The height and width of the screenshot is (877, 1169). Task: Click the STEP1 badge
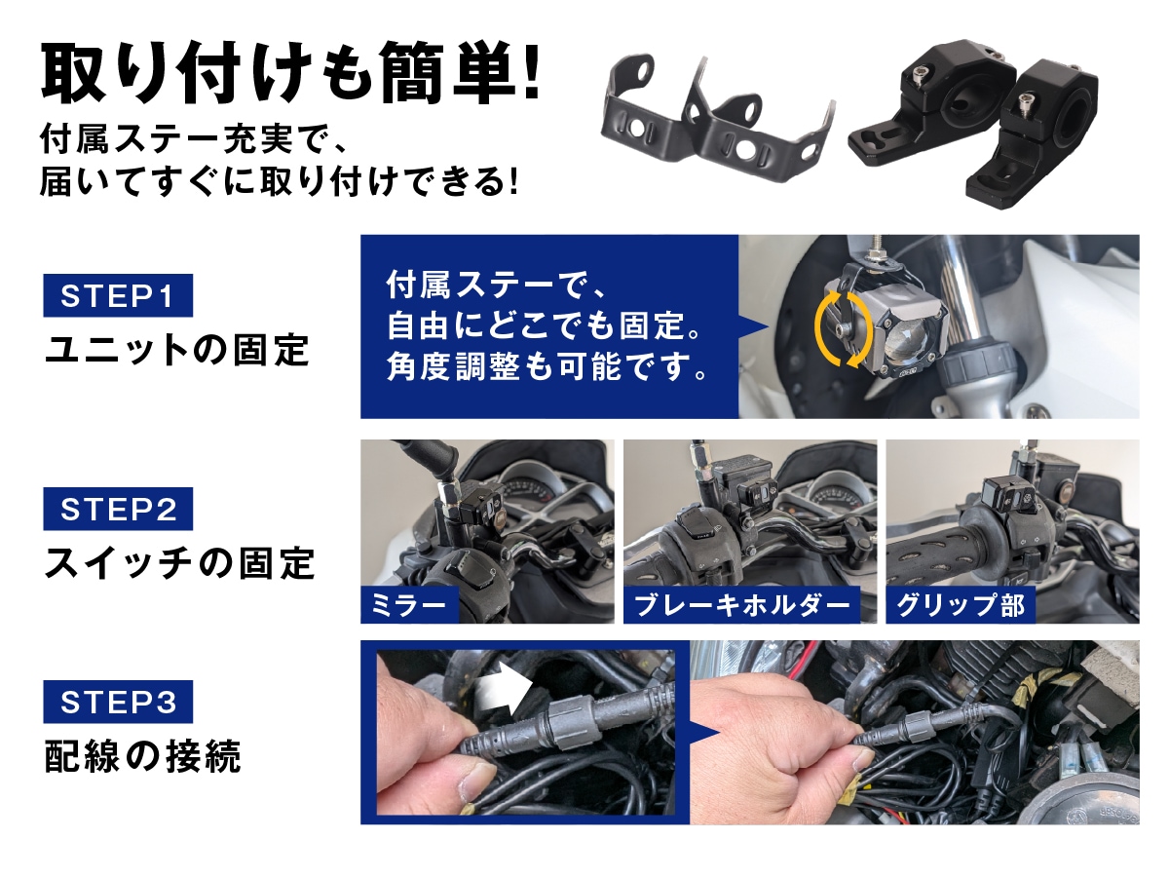118,295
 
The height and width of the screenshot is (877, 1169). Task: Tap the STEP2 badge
118,509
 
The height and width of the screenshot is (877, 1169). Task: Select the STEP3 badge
118,702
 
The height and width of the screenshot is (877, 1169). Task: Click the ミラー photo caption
409,605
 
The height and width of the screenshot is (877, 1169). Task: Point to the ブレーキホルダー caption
742,605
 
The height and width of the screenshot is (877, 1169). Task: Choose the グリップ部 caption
961,605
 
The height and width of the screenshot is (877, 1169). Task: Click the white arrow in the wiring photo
504,690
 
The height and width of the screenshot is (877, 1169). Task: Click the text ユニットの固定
177,351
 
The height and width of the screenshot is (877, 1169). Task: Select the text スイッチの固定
179,563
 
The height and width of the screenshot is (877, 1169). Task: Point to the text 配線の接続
142,756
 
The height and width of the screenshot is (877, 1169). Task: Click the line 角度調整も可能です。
546,366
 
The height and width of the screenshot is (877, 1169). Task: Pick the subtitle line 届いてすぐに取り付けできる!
279,181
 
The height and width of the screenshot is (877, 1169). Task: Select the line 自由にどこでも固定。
544,325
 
